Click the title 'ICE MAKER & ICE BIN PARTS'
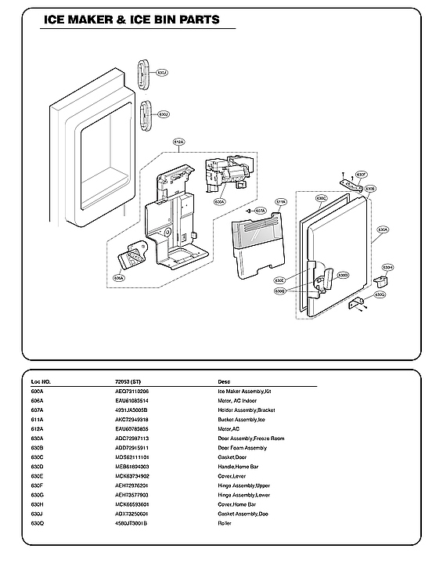point(131,20)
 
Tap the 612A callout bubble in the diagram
point(178,143)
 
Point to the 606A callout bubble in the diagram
point(119,277)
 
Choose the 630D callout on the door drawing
point(342,276)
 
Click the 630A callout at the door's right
point(383,230)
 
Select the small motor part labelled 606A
point(134,255)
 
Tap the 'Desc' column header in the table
point(224,381)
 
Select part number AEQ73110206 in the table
point(131,391)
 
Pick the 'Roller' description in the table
point(225,522)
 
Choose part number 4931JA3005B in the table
point(131,410)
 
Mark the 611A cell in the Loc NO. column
point(37,419)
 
